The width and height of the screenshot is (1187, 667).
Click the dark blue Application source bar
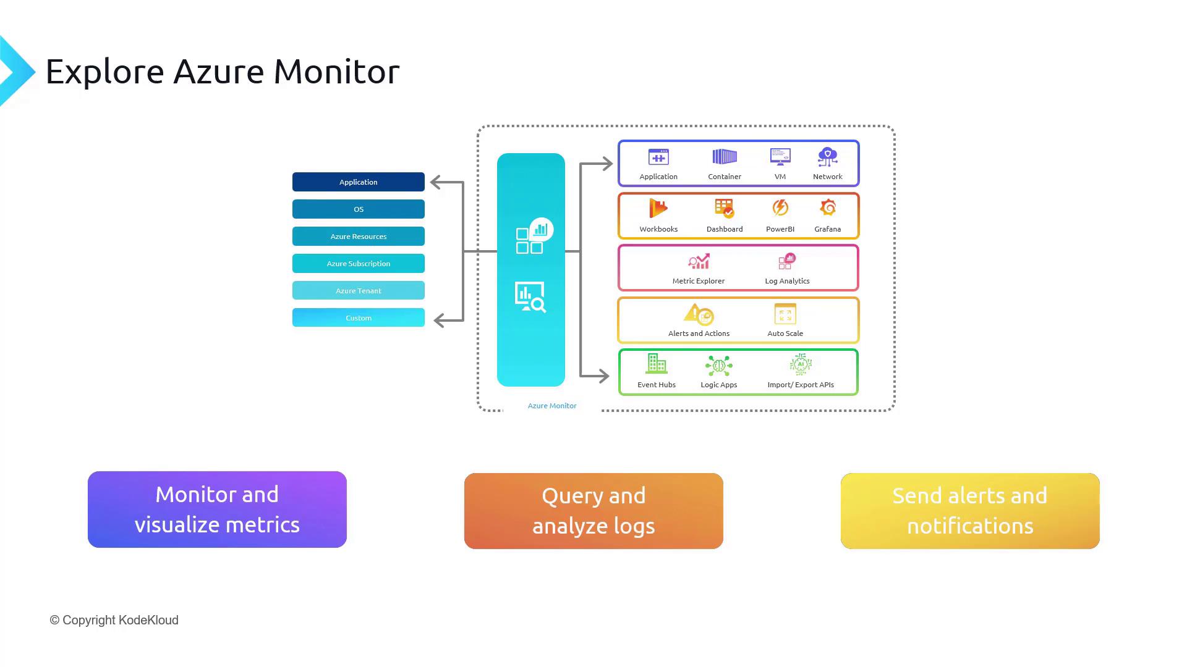click(358, 182)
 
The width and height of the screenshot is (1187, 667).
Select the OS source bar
click(358, 209)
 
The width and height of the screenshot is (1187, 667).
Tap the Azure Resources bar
click(358, 237)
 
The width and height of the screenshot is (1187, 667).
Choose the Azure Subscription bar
click(358, 264)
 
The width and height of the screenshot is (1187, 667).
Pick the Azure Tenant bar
click(358, 291)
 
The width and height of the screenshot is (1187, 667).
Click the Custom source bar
click(358, 318)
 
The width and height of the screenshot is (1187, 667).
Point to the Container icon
click(725, 157)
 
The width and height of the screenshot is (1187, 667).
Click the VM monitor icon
click(780, 157)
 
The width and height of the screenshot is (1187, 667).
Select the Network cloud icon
click(827, 157)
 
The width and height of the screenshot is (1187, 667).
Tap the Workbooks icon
click(658, 209)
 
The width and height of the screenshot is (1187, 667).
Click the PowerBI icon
click(780, 208)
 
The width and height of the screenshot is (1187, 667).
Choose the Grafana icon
click(828, 208)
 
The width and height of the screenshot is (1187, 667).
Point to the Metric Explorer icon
click(699, 262)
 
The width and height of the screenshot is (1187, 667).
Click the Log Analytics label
click(787, 281)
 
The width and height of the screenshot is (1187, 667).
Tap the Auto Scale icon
click(785, 314)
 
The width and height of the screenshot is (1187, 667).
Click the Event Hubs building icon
click(656, 364)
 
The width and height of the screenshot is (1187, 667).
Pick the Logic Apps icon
click(718, 366)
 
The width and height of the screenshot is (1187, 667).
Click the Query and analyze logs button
click(593, 511)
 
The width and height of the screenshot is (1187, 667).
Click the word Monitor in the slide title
click(336, 72)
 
